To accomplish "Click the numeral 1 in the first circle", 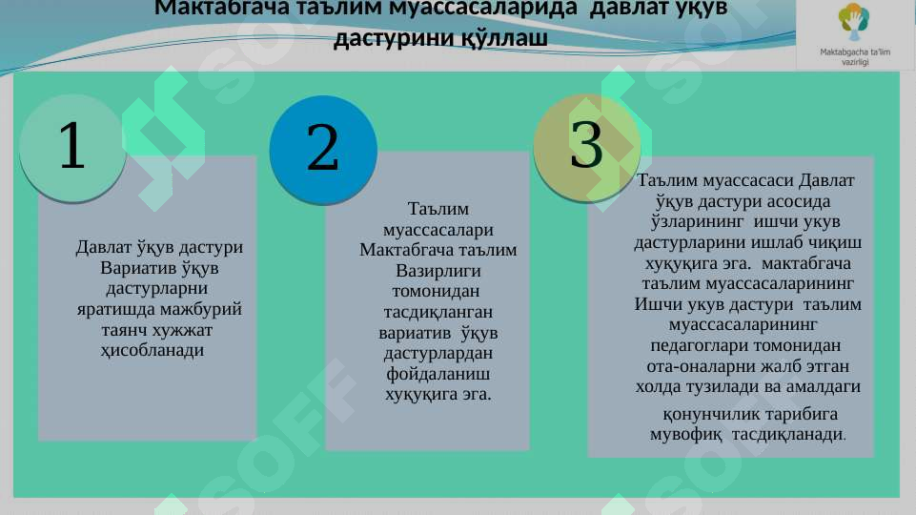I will click(71, 145).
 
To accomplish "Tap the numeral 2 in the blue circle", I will click(323, 149).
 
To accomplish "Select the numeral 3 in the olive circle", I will click(587, 144).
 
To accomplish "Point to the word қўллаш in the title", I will click(504, 39).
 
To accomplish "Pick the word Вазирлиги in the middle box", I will click(438, 270).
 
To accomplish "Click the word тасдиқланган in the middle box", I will click(438, 312).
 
